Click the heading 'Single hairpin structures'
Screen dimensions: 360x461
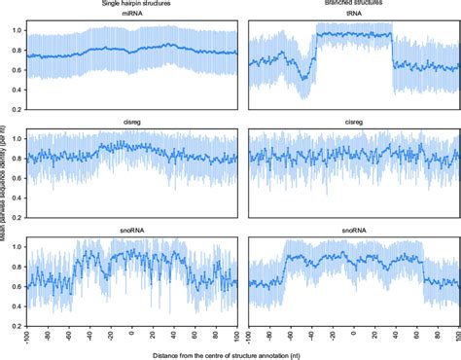pyautogui.click(x=127, y=6)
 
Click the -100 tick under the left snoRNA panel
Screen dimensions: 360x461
pyautogui.click(x=27, y=334)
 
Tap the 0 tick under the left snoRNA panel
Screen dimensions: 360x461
pyautogui.click(x=131, y=332)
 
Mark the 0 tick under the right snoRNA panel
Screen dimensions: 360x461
pyautogui.click(x=354, y=332)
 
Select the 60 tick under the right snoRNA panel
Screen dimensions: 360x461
pyautogui.click(x=417, y=333)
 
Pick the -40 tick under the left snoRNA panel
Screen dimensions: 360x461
pyautogui.click(x=89, y=333)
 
